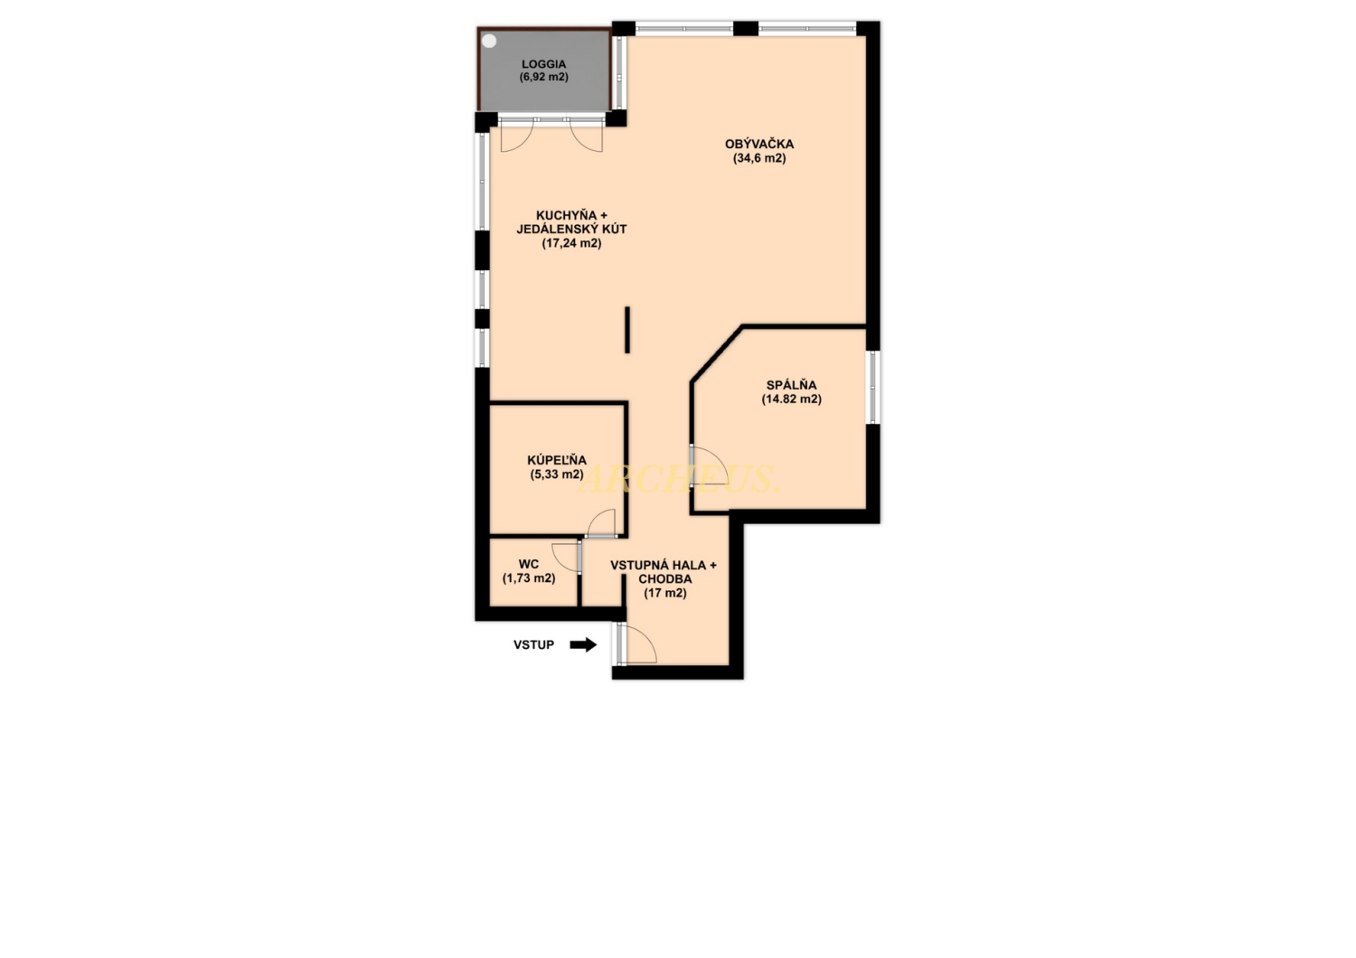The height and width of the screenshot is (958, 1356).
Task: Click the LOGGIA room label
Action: (x=543, y=64)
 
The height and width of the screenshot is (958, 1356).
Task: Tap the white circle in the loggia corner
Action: (x=489, y=42)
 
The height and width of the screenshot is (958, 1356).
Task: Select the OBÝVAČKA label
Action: (x=759, y=144)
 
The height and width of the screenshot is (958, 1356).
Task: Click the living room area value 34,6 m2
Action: (x=759, y=158)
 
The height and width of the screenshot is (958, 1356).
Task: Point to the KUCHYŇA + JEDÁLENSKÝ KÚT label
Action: (x=571, y=222)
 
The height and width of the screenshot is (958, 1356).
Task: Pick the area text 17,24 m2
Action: (x=571, y=243)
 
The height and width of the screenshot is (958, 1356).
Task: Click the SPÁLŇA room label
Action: (x=791, y=385)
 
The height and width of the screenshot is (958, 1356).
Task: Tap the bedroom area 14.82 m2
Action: (x=791, y=399)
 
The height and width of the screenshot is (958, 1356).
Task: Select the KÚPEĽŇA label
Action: (x=557, y=461)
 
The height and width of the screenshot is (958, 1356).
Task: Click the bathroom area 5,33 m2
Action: (x=557, y=474)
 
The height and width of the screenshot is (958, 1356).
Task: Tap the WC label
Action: (x=529, y=565)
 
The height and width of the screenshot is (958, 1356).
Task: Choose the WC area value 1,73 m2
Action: (x=529, y=578)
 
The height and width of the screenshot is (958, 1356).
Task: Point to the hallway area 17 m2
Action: (x=664, y=593)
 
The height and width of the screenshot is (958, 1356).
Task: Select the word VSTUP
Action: (x=534, y=645)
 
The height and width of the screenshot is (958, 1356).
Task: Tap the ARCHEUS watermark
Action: (x=678, y=479)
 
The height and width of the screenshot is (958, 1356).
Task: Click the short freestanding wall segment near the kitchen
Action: (x=627, y=330)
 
